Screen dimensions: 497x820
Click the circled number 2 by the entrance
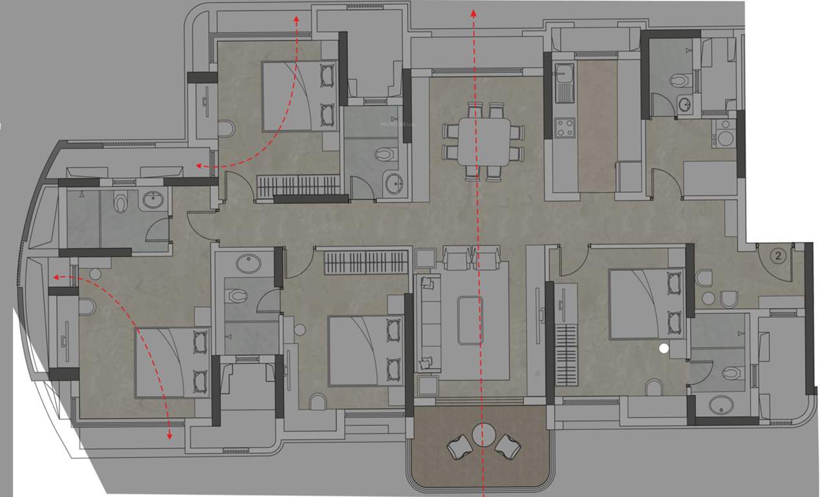(779, 256)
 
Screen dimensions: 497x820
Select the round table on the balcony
(483, 434)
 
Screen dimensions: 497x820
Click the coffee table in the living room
(470, 320)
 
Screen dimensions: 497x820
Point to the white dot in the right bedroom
(663, 349)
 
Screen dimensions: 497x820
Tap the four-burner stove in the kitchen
(564, 127)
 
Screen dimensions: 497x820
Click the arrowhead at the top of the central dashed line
(473, 12)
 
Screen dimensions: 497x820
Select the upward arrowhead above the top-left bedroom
(297, 19)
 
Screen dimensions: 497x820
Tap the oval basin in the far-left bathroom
(153, 200)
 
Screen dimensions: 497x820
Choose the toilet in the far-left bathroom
(120, 204)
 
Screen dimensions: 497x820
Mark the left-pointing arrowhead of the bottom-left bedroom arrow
(56, 277)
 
